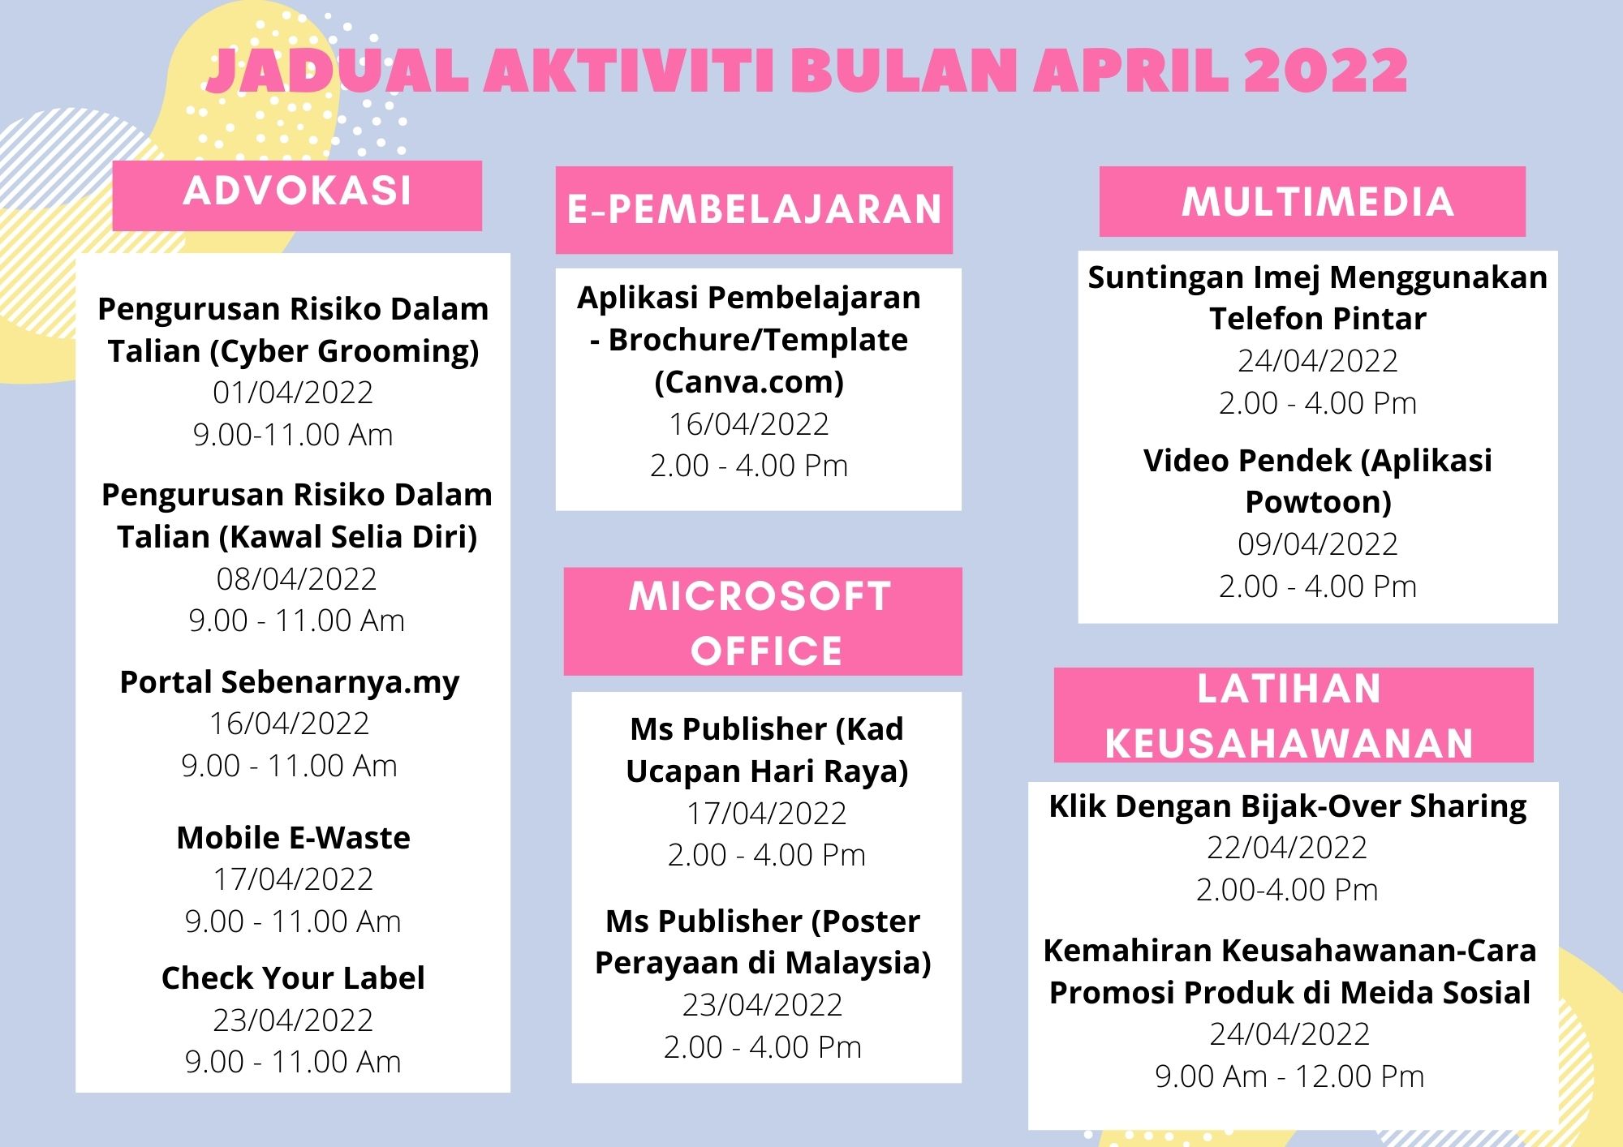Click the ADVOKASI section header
(x=297, y=195)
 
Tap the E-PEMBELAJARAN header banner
(x=754, y=210)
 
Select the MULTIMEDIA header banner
(x=1312, y=201)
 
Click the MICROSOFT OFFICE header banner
(x=763, y=621)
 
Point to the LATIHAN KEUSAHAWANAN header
(x=1294, y=715)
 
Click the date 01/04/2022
(x=293, y=393)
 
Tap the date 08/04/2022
(x=296, y=579)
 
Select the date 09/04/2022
(x=1318, y=544)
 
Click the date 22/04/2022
(x=1287, y=848)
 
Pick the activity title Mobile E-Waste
(x=293, y=838)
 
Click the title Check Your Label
(x=293, y=978)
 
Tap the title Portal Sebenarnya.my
(x=289, y=683)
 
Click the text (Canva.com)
(x=749, y=382)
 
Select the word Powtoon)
(x=1318, y=502)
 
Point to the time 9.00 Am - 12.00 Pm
(x=1289, y=1076)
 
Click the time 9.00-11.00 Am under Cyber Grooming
(x=293, y=435)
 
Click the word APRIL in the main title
(x=1130, y=71)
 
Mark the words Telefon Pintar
(x=1318, y=319)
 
